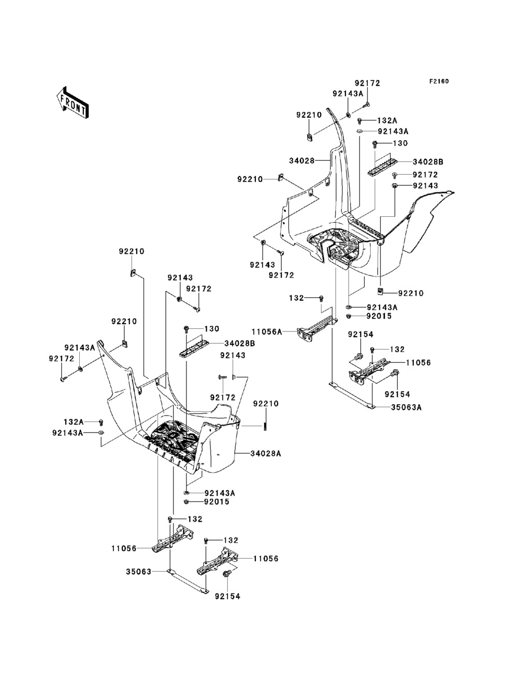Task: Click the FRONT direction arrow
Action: click(73, 102)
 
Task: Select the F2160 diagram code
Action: click(439, 81)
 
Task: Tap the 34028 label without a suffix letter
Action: click(302, 161)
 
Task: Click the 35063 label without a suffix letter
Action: click(138, 572)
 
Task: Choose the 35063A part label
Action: click(406, 407)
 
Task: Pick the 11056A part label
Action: click(267, 332)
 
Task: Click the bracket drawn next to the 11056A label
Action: click(317, 329)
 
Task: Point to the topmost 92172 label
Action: click(367, 83)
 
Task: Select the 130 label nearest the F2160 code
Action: click(400, 143)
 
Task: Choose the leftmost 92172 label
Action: click(62, 358)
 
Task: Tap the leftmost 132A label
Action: click(74, 422)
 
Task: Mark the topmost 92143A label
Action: click(348, 94)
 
